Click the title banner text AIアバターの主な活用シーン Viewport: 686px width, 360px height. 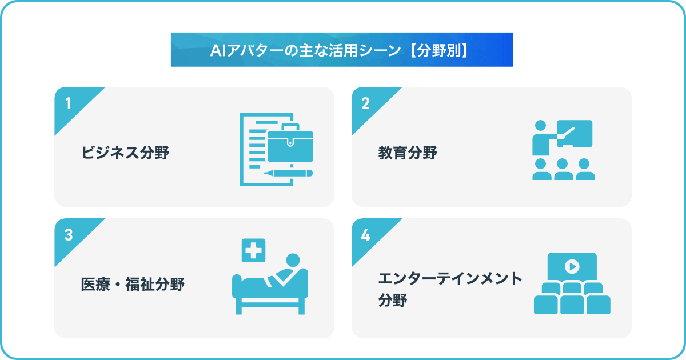point(305,50)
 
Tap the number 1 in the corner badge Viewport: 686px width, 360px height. point(69,103)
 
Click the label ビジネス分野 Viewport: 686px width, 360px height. point(125,153)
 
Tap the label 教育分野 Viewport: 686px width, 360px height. point(408,153)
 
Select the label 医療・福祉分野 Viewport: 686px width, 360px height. point(133,284)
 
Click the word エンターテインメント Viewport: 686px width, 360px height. point(450,278)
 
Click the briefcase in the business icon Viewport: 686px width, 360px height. point(290,143)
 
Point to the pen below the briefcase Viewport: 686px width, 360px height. point(288,173)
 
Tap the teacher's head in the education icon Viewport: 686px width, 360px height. point(540,126)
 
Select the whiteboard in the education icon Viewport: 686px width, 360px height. point(575,134)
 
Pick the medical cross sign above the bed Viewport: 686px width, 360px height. point(254,250)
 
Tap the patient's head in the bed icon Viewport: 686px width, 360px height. point(293,260)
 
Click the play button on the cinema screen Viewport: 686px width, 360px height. point(572,266)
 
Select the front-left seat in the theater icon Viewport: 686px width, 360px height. point(546,305)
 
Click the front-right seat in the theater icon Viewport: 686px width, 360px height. point(599,305)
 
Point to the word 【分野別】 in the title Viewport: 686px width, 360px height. point(438,50)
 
